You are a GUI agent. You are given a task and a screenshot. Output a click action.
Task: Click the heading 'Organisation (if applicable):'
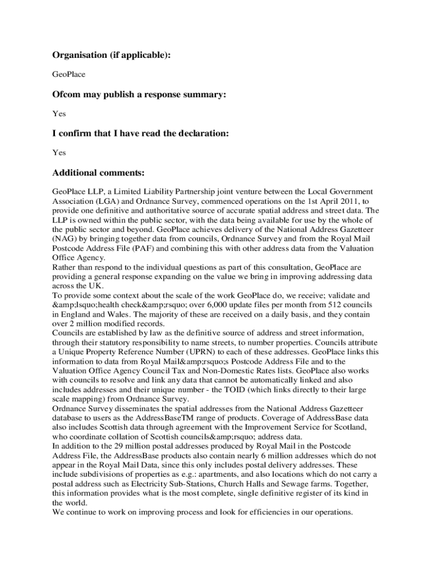(x=111, y=55)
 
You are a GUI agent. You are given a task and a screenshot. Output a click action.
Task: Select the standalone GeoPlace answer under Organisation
(x=68, y=74)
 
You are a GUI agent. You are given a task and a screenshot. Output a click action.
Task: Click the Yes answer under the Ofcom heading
(x=59, y=113)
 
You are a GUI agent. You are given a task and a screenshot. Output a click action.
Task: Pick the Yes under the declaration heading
(x=59, y=152)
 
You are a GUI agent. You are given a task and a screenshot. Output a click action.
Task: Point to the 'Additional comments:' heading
(x=99, y=172)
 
